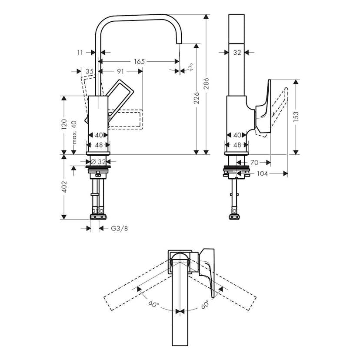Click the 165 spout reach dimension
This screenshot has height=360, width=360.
click(x=139, y=62)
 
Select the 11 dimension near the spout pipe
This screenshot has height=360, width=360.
click(x=80, y=53)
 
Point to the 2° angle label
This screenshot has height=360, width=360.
click(x=190, y=67)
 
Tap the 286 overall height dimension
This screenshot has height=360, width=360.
click(x=207, y=83)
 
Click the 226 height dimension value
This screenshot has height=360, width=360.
click(x=197, y=98)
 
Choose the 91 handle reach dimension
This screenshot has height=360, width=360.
click(x=120, y=71)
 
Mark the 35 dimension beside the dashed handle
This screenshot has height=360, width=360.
click(x=90, y=71)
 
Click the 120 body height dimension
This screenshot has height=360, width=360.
click(x=64, y=124)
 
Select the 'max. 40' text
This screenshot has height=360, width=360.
click(x=74, y=133)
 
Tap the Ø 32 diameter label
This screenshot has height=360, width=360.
click(x=98, y=162)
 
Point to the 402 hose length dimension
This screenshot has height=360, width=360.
click(x=64, y=187)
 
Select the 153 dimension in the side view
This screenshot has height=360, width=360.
click(x=296, y=117)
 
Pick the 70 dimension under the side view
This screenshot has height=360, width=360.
click(x=254, y=163)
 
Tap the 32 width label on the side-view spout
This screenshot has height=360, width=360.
click(x=237, y=53)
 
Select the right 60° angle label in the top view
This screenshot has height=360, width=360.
click(x=206, y=303)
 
